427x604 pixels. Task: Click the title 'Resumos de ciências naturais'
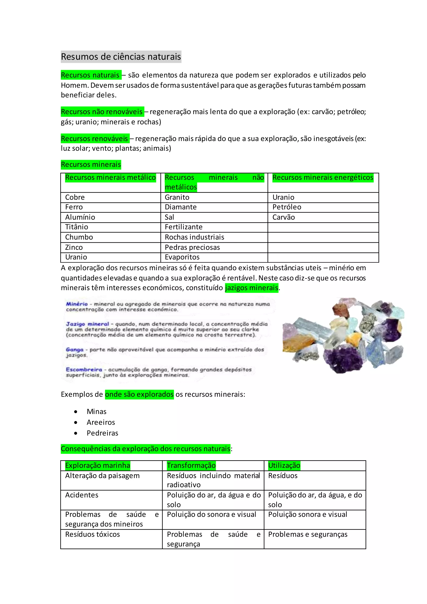tap(121, 57)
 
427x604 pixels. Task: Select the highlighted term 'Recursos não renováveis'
tap(102, 112)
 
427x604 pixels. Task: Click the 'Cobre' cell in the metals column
tap(75, 197)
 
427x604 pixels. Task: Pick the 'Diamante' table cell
tap(181, 207)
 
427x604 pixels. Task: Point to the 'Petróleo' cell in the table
tap(287, 207)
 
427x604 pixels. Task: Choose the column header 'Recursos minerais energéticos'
tap(323, 177)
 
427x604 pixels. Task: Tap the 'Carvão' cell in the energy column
tap(283, 217)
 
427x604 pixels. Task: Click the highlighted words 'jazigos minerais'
tap(252, 288)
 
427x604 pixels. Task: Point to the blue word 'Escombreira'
tap(84, 370)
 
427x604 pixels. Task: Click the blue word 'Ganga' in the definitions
tap(75, 350)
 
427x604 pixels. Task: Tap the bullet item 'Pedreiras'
tap(102, 433)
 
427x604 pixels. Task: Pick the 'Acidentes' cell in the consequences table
tap(82, 495)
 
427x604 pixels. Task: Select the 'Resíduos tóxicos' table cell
tap(93, 535)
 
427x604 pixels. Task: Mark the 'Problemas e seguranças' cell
tap(308, 535)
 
